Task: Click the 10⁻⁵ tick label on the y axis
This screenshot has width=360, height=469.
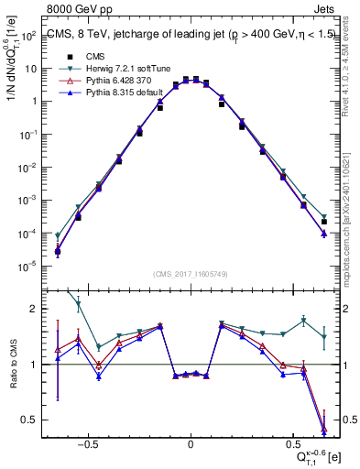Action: tap(27, 267)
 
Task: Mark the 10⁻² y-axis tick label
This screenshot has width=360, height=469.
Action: tap(27, 168)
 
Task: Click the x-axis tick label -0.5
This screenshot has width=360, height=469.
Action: tap(87, 440)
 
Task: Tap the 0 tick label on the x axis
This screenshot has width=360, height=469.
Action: tap(191, 440)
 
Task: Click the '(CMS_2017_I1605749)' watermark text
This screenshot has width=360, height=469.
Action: tap(191, 275)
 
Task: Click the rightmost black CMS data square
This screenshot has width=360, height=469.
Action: tap(324, 222)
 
